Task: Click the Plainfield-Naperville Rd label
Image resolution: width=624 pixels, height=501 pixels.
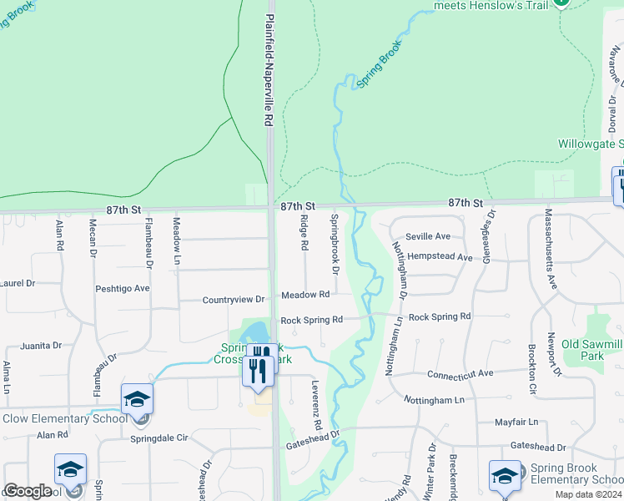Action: [269, 70]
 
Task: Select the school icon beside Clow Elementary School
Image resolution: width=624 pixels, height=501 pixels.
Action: [137, 400]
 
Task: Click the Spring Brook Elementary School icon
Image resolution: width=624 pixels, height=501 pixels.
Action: [505, 476]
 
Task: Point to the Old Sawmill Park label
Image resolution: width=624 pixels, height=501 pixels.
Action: [592, 350]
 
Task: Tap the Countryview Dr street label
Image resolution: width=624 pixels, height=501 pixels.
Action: [234, 299]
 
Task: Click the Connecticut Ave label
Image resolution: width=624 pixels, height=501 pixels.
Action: [460, 373]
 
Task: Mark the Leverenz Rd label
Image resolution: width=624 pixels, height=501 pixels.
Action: [316, 405]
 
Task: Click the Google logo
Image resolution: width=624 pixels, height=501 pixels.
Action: [28, 491]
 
